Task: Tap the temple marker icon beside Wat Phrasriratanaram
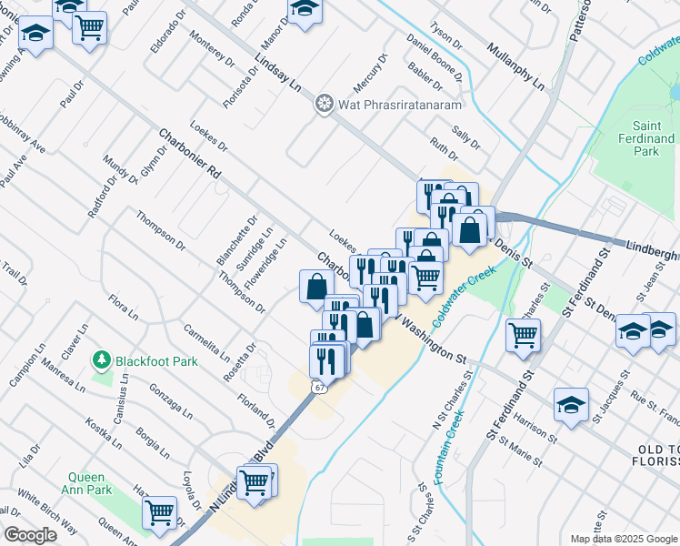click(323, 105)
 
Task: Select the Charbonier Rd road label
click(189, 152)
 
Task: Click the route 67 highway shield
click(317, 388)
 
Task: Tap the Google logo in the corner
click(31, 534)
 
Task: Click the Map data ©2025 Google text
click(623, 539)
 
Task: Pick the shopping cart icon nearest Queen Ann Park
click(159, 513)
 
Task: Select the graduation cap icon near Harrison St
click(571, 405)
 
